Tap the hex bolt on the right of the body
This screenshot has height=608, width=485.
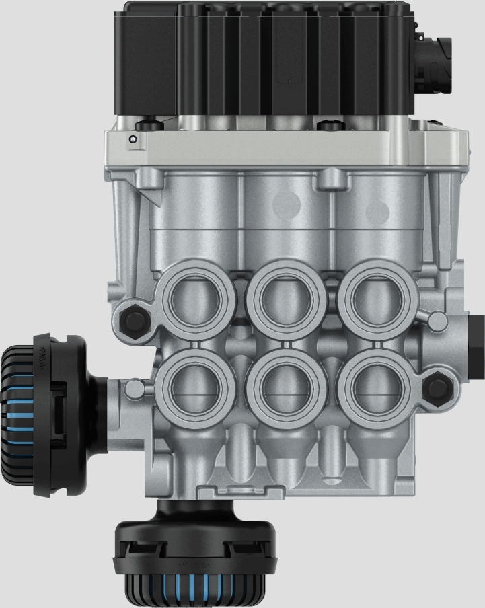pyautogui.click(x=439, y=386)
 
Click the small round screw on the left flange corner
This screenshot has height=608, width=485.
pyautogui.click(x=133, y=139)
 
